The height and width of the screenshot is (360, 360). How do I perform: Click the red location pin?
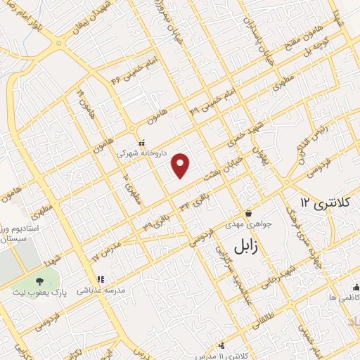point(181,166)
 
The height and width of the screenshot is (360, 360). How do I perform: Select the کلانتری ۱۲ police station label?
point(324,202)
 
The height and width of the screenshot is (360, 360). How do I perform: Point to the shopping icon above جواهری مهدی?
point(247,214)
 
